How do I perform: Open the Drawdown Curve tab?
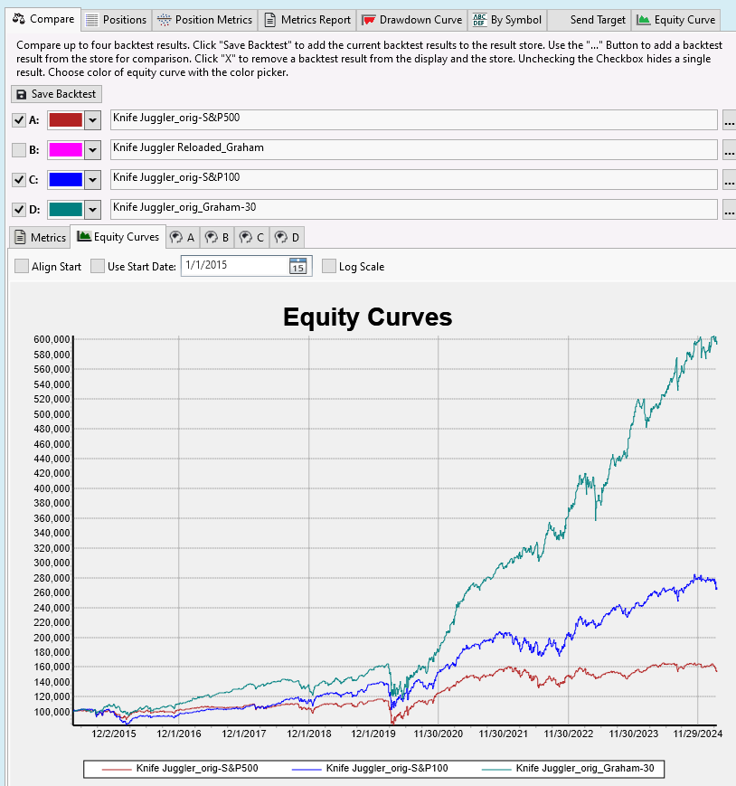click(x=412, y=20)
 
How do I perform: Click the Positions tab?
click(x=115, y=20)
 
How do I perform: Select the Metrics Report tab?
click(x=307, y=20)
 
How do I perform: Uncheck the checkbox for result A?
click(x=19, y=120)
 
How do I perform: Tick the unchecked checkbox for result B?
click(x=19, y=149)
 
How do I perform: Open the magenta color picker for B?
click(x=92, y=149)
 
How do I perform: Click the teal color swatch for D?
click(x=65, y=209)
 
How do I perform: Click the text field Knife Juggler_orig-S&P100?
click(x=413, y=178)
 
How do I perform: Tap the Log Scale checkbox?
click(x=329, y=266)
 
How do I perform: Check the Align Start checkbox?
click(x=22, y=266)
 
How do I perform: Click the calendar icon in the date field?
click(x=297, y=266)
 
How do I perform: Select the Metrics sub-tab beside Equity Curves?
click(x=40, y=237)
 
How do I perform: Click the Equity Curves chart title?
click(x=367, y=317)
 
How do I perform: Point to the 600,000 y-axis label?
click(x=51, y=339)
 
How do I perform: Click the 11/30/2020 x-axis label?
click(x=439, y=734)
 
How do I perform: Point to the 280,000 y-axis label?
click(x=51, y=577)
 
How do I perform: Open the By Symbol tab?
click(x=507, y=20)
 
